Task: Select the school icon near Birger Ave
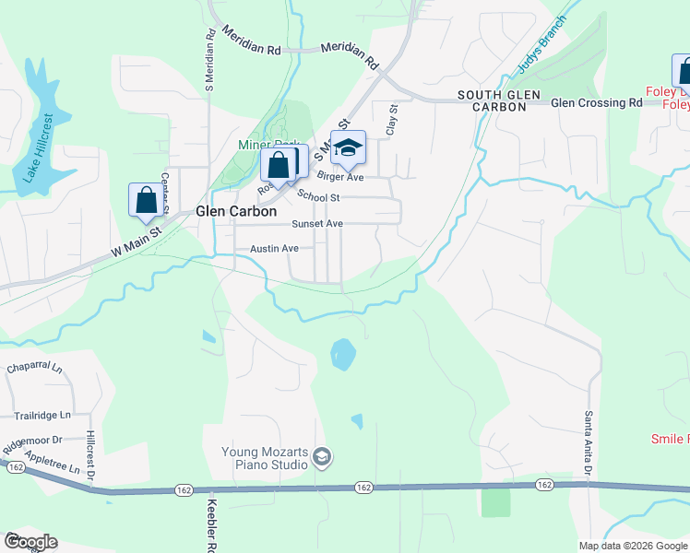tap(348, 147)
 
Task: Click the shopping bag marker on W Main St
tap(147, 200)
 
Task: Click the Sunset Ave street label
tap(316, 224)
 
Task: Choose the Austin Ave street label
tap(274, 249)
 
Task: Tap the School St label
tap(319, 197)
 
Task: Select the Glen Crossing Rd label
tap(596, 103)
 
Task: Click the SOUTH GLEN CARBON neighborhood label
tap(492, 101)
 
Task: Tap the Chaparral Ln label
tap(33, 368)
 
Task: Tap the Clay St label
tap(391, 120)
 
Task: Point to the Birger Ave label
tap(340, 176)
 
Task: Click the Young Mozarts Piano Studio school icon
tap(321, 456)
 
